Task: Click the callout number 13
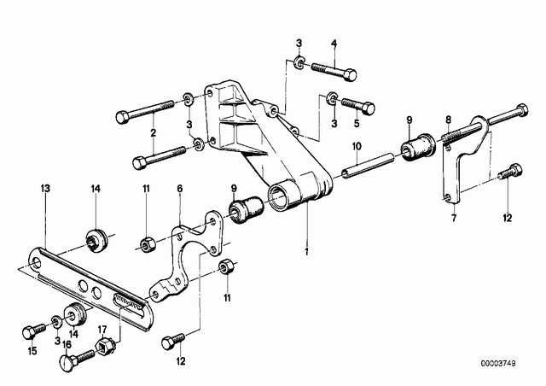tap(45, 189)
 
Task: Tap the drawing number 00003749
tap(498, 363)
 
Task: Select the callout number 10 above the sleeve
tap(357, 146)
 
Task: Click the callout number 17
tap(102, 329)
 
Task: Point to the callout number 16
tap(67, 344)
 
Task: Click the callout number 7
tap(453, 219)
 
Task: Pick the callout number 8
tap(448, 120)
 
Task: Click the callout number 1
tap(307, 252)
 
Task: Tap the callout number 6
tap(180, 189)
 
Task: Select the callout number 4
tap(334, 44)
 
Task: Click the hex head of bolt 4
tap(350, 75)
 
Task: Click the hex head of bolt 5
tap(368, 108)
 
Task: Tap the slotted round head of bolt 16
tap(67, 363)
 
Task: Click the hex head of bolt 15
tap(28, 332)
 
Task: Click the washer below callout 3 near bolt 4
tap(299, 61)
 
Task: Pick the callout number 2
tap(154, 132)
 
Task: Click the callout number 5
tap(357, 123)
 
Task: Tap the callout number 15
tap(32, 351)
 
